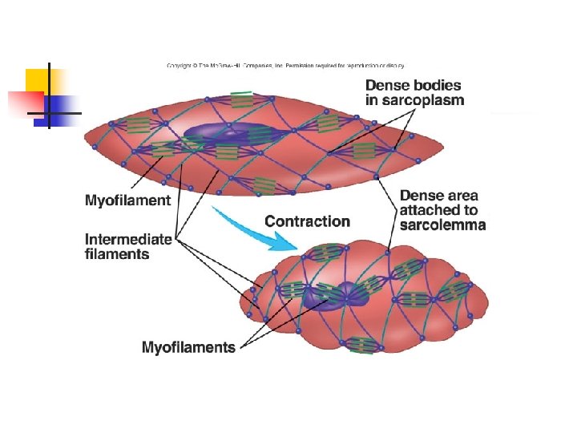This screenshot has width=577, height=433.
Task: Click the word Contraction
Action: [307, 221]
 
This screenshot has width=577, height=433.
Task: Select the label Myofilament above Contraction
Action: [128, 200]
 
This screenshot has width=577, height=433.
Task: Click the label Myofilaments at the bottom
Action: [188, 347]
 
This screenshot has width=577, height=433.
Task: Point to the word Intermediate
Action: [128, 238]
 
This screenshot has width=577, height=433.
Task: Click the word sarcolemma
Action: [442, 225]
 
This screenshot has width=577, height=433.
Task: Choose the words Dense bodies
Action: [414, 84]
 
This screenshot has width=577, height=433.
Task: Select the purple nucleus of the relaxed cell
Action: [228, 135]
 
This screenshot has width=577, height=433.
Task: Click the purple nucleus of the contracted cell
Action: [335, 295]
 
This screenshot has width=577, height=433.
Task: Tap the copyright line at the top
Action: [285, 66]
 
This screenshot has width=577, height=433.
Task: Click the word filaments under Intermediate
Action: [117, 254]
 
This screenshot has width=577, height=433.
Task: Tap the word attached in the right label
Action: [429, 210]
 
